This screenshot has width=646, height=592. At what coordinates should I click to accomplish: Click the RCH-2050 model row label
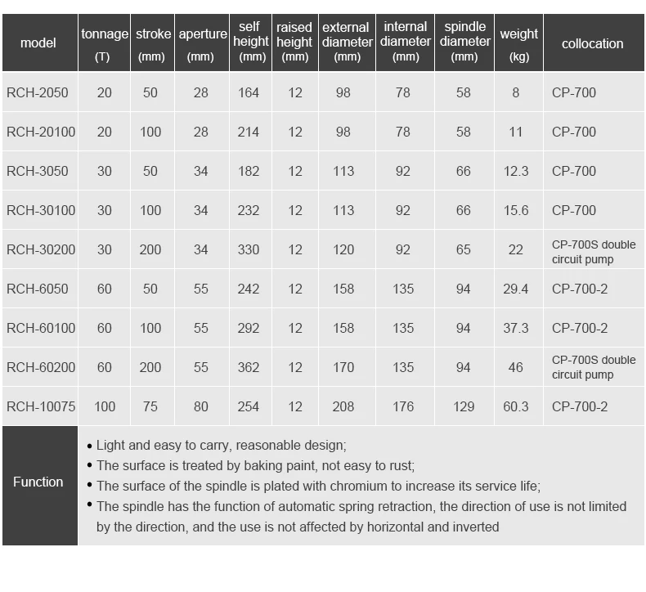click(38, 93)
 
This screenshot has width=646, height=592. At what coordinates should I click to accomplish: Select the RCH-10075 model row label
click(41, 406)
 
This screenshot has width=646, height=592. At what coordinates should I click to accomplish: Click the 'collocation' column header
click(592, 44)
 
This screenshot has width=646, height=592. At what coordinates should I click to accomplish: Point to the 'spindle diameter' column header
click(464, 42)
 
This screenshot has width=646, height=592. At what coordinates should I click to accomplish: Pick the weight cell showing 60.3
click(516, 406)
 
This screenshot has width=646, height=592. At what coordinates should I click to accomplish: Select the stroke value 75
click(150, 406)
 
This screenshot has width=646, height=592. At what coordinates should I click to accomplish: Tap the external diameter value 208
click(343, 406)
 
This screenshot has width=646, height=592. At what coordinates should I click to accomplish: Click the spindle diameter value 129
click(464, 406)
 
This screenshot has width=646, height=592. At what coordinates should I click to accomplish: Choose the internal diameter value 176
click(403, 406)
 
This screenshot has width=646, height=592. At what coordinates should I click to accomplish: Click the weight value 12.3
click(516, 171)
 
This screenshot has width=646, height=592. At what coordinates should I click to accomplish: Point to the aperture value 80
click(201, 406)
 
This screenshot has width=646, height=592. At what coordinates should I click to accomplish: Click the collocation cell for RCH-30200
click(593, 251)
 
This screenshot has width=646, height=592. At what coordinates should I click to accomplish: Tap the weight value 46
click(516, 367)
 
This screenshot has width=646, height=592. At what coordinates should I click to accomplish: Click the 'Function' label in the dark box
click(38, 482)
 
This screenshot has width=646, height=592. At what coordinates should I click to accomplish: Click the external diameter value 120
click(343, 249)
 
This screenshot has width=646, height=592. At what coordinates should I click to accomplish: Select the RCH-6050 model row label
click(38, 289)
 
